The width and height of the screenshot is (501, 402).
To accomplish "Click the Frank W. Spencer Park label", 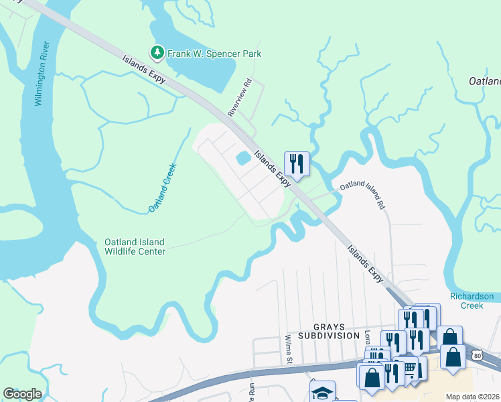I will point(214,54).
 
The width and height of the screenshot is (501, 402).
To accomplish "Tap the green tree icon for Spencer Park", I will point(157,52).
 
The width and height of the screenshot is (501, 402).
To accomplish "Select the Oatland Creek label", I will point(163,188).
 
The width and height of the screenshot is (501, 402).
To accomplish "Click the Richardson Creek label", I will point(472,300).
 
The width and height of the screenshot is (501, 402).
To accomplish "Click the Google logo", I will point(22,394).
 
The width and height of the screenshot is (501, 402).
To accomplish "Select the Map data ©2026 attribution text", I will point(472,397).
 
